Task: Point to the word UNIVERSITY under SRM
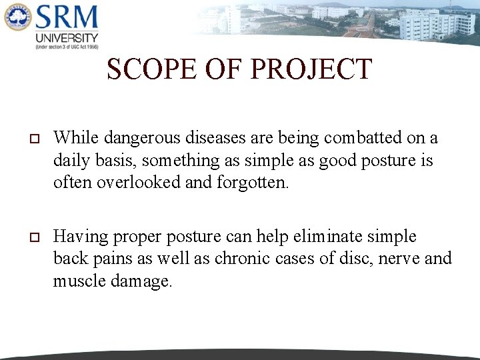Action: pyautogui.click(x=67, y=38)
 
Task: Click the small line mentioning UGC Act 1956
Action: pyautogui.click(x=67, y=47)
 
